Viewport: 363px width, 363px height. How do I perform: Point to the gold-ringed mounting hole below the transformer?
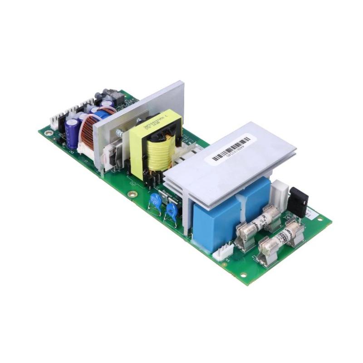tap(132, 194)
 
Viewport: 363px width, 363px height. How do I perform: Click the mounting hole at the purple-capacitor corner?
tap(48, 133)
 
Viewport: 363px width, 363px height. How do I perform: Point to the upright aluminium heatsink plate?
tap(136, 109)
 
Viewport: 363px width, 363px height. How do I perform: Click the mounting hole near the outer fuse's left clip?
tap(243, 275)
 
